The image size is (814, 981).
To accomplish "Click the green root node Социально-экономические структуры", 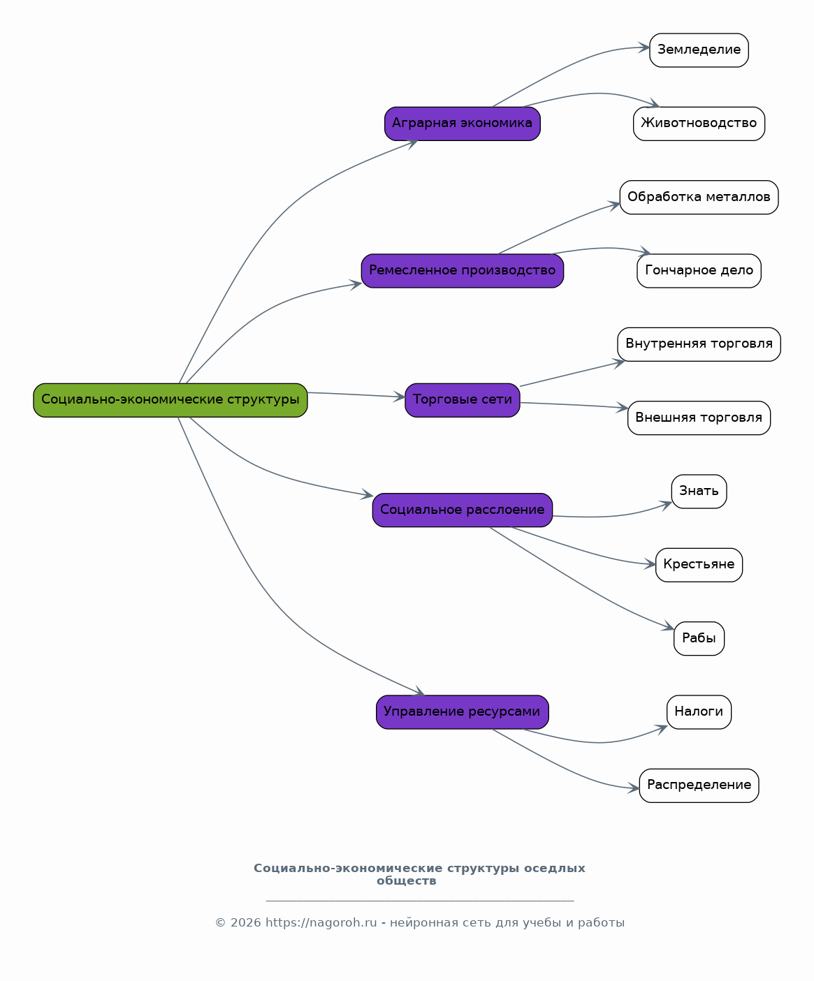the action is click(x=170, y=400).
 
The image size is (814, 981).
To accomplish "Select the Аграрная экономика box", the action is click(x=463, y=124).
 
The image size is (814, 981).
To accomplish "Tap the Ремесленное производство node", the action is click(x=463, y=271).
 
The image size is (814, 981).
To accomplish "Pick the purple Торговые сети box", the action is click(x=463, y=400).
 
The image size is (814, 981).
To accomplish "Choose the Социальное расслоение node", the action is click(x=463, y=510).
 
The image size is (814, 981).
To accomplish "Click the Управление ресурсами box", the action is click(x=463, y=712).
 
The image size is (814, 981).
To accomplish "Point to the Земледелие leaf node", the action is click(x=699, y=50).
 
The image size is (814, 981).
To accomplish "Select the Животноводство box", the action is click(x=699, y=124).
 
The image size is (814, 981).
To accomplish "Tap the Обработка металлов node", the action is click(x=699, y=198).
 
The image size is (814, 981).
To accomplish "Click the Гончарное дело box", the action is click(x=699, y=271).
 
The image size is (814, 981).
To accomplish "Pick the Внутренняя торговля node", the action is click(x=699, y=344).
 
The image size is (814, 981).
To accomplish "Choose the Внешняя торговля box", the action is click(x=699, y=418).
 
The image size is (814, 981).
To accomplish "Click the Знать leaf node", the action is click(x=699, y=492).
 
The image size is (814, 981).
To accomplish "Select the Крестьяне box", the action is click(x=699, y=565).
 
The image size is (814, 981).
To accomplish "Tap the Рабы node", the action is click(x=699, y=638).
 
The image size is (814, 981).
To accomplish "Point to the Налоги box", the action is click(x=699, y=712).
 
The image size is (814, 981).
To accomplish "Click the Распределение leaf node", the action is click(x=699, y=786).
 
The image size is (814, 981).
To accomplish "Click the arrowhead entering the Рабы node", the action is click(x=669, y=627).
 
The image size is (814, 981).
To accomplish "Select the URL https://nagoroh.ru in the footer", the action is click(x=321, y=923).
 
